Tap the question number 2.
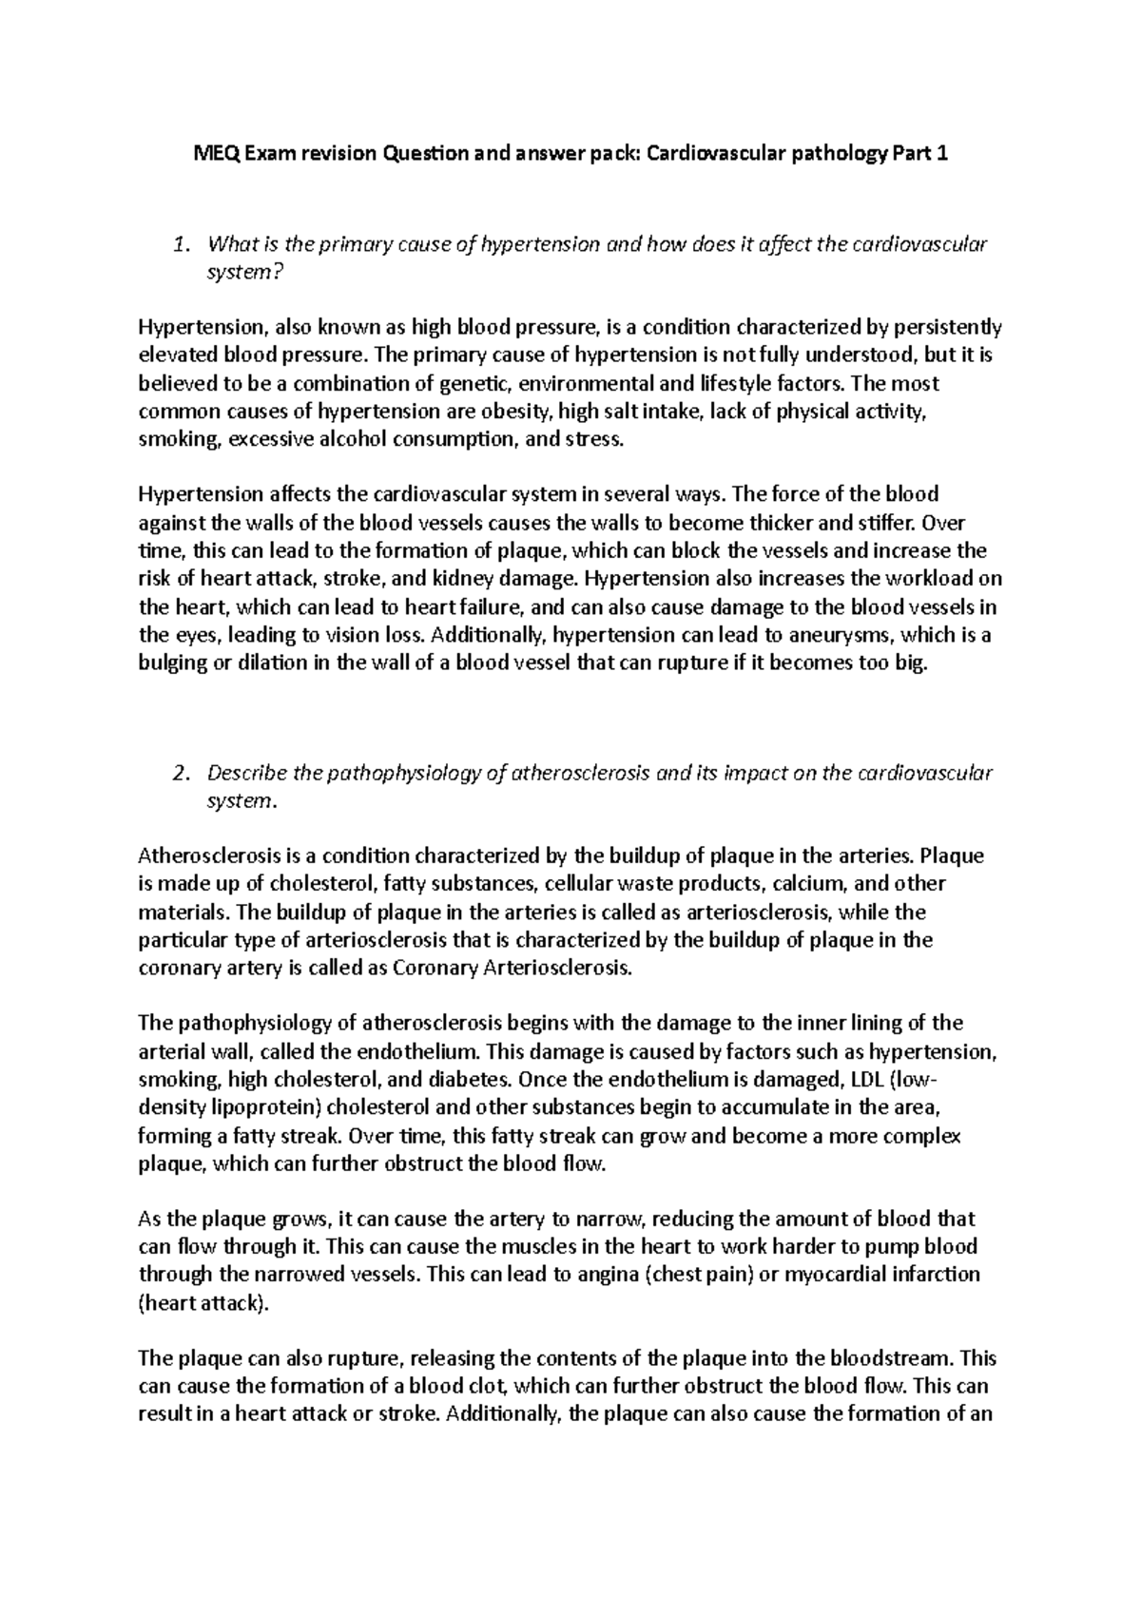click(183, 773)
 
